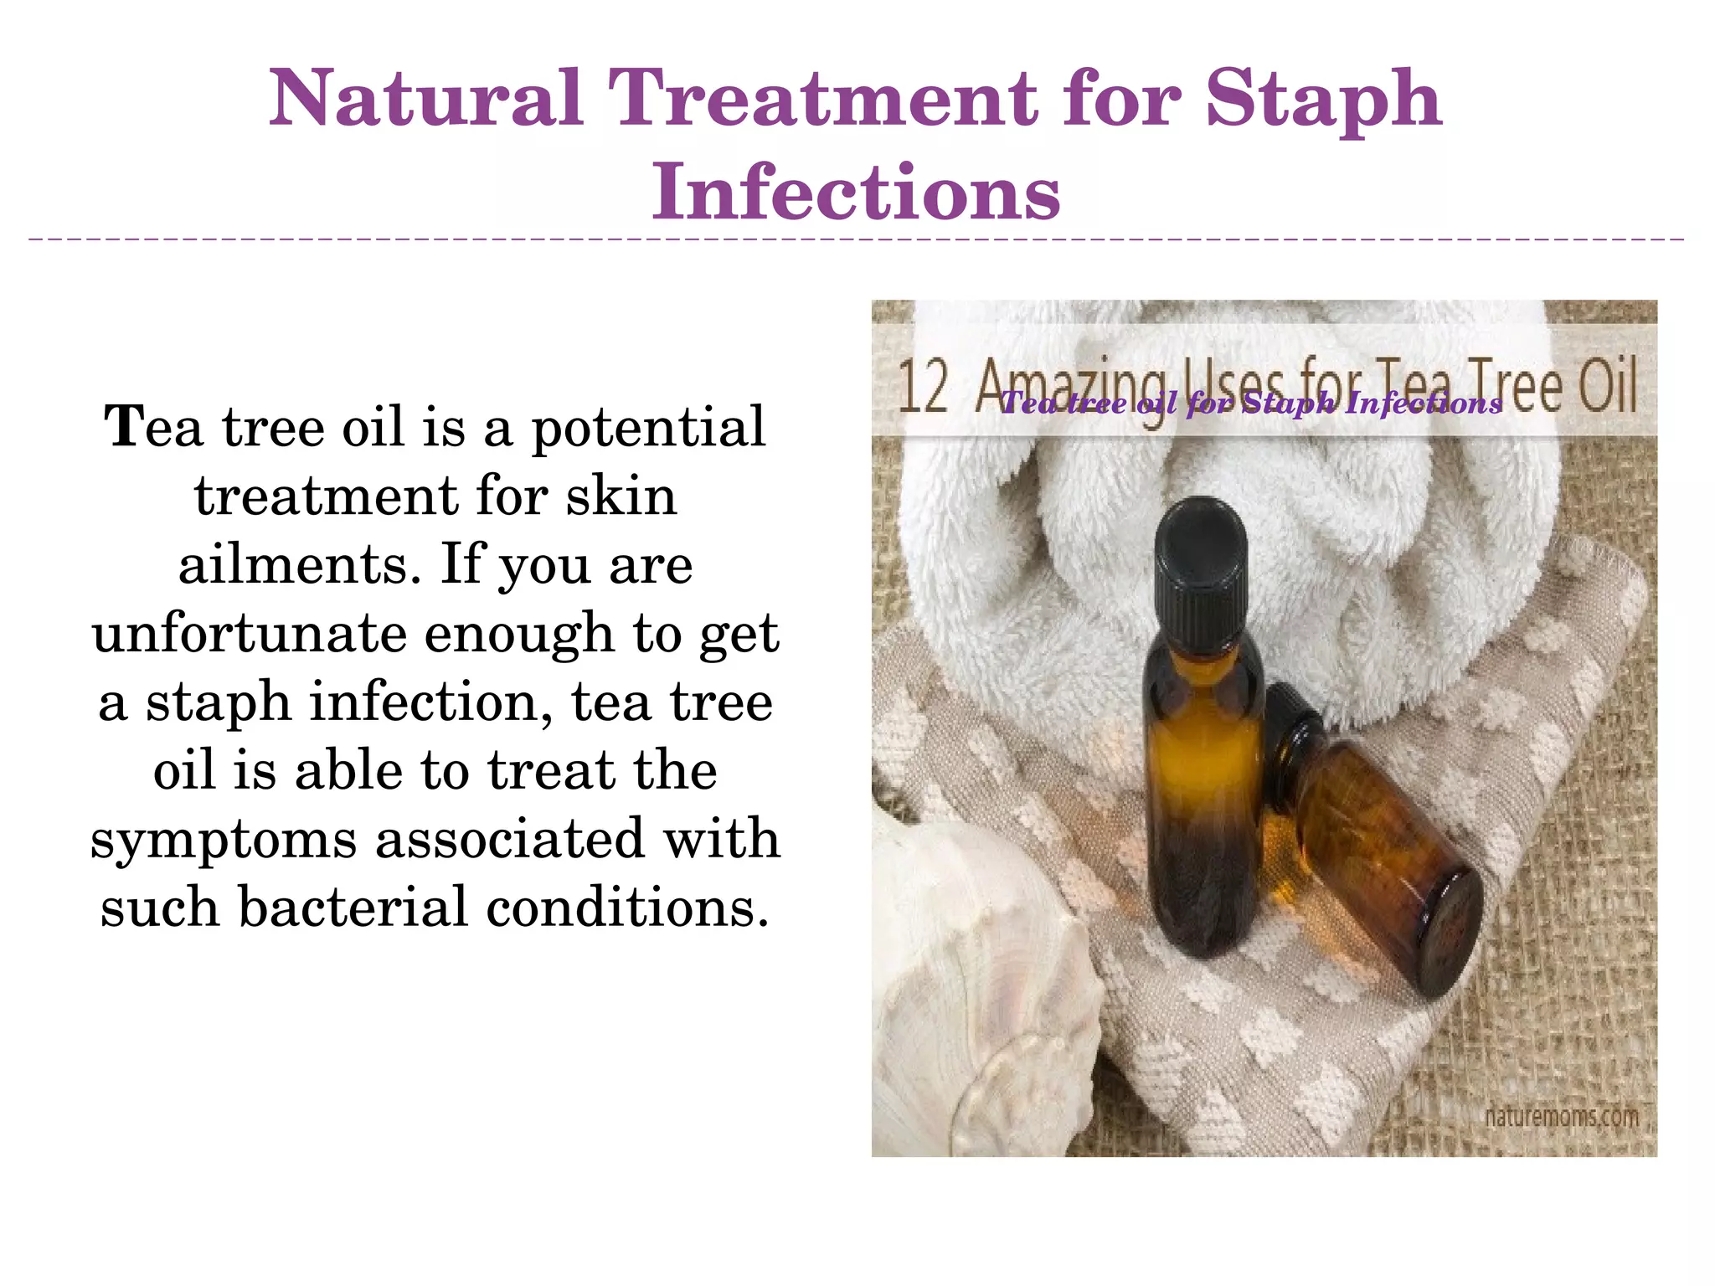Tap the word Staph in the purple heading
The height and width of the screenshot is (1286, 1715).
1323,100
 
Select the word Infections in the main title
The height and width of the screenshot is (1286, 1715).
856,193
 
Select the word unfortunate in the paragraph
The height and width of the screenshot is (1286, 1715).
249,634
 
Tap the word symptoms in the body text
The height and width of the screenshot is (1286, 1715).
224,840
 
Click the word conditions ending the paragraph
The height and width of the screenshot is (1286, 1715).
627,908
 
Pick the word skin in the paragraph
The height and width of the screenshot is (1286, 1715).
621,496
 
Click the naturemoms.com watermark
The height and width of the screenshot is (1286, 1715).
1561,1117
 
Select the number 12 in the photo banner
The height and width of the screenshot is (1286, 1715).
923,388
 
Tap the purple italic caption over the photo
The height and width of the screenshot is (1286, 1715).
1251,404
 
